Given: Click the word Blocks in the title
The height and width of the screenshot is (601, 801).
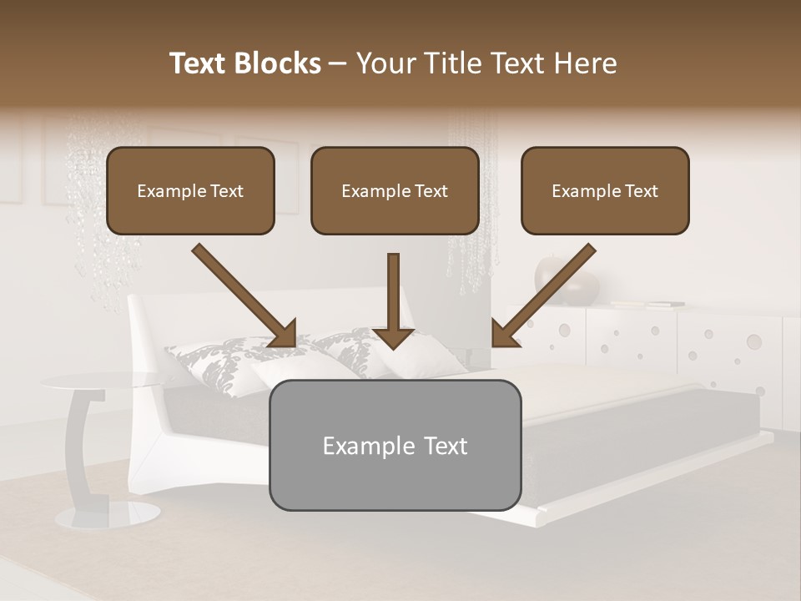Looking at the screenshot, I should pyautogui.click(x=278, y=63).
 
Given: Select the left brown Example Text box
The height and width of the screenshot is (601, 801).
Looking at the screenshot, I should pyautogui.click(x=190, y=191).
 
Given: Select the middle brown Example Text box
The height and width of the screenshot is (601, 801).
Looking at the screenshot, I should pyautogui.click(x=395, y=191).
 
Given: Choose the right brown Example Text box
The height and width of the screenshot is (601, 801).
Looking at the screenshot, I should pyautogui.click(x=605, y=191).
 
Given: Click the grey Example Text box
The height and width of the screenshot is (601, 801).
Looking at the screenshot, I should pyautogui.click(x=395, y=446).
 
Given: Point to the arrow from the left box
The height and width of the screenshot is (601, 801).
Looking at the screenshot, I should pyautogui.click(x=243, y=295).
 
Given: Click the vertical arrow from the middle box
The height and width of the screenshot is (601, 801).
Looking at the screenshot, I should pyautogui.click(x=394, y=300).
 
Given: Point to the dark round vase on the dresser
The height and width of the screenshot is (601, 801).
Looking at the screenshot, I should pyautogui.click(x=567, y=279).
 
